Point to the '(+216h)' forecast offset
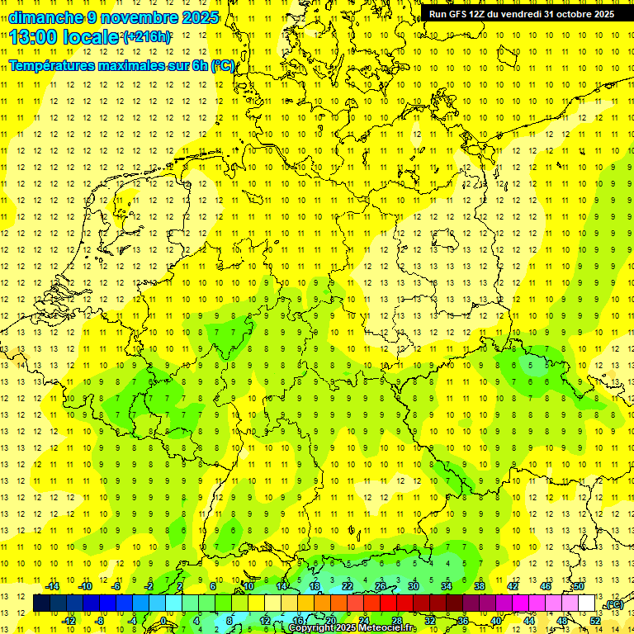[x=146, y=37]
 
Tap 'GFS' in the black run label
[x=457, y=14]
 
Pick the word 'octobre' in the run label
[x=575, y=14]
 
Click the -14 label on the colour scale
[x=51, y=586]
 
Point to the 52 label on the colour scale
[x=595, y=621]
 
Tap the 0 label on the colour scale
[x=163, y=621]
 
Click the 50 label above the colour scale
[x=579, y=586]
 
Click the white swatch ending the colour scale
[x=587, y=603]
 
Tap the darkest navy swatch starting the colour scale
[x=42, y=603]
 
